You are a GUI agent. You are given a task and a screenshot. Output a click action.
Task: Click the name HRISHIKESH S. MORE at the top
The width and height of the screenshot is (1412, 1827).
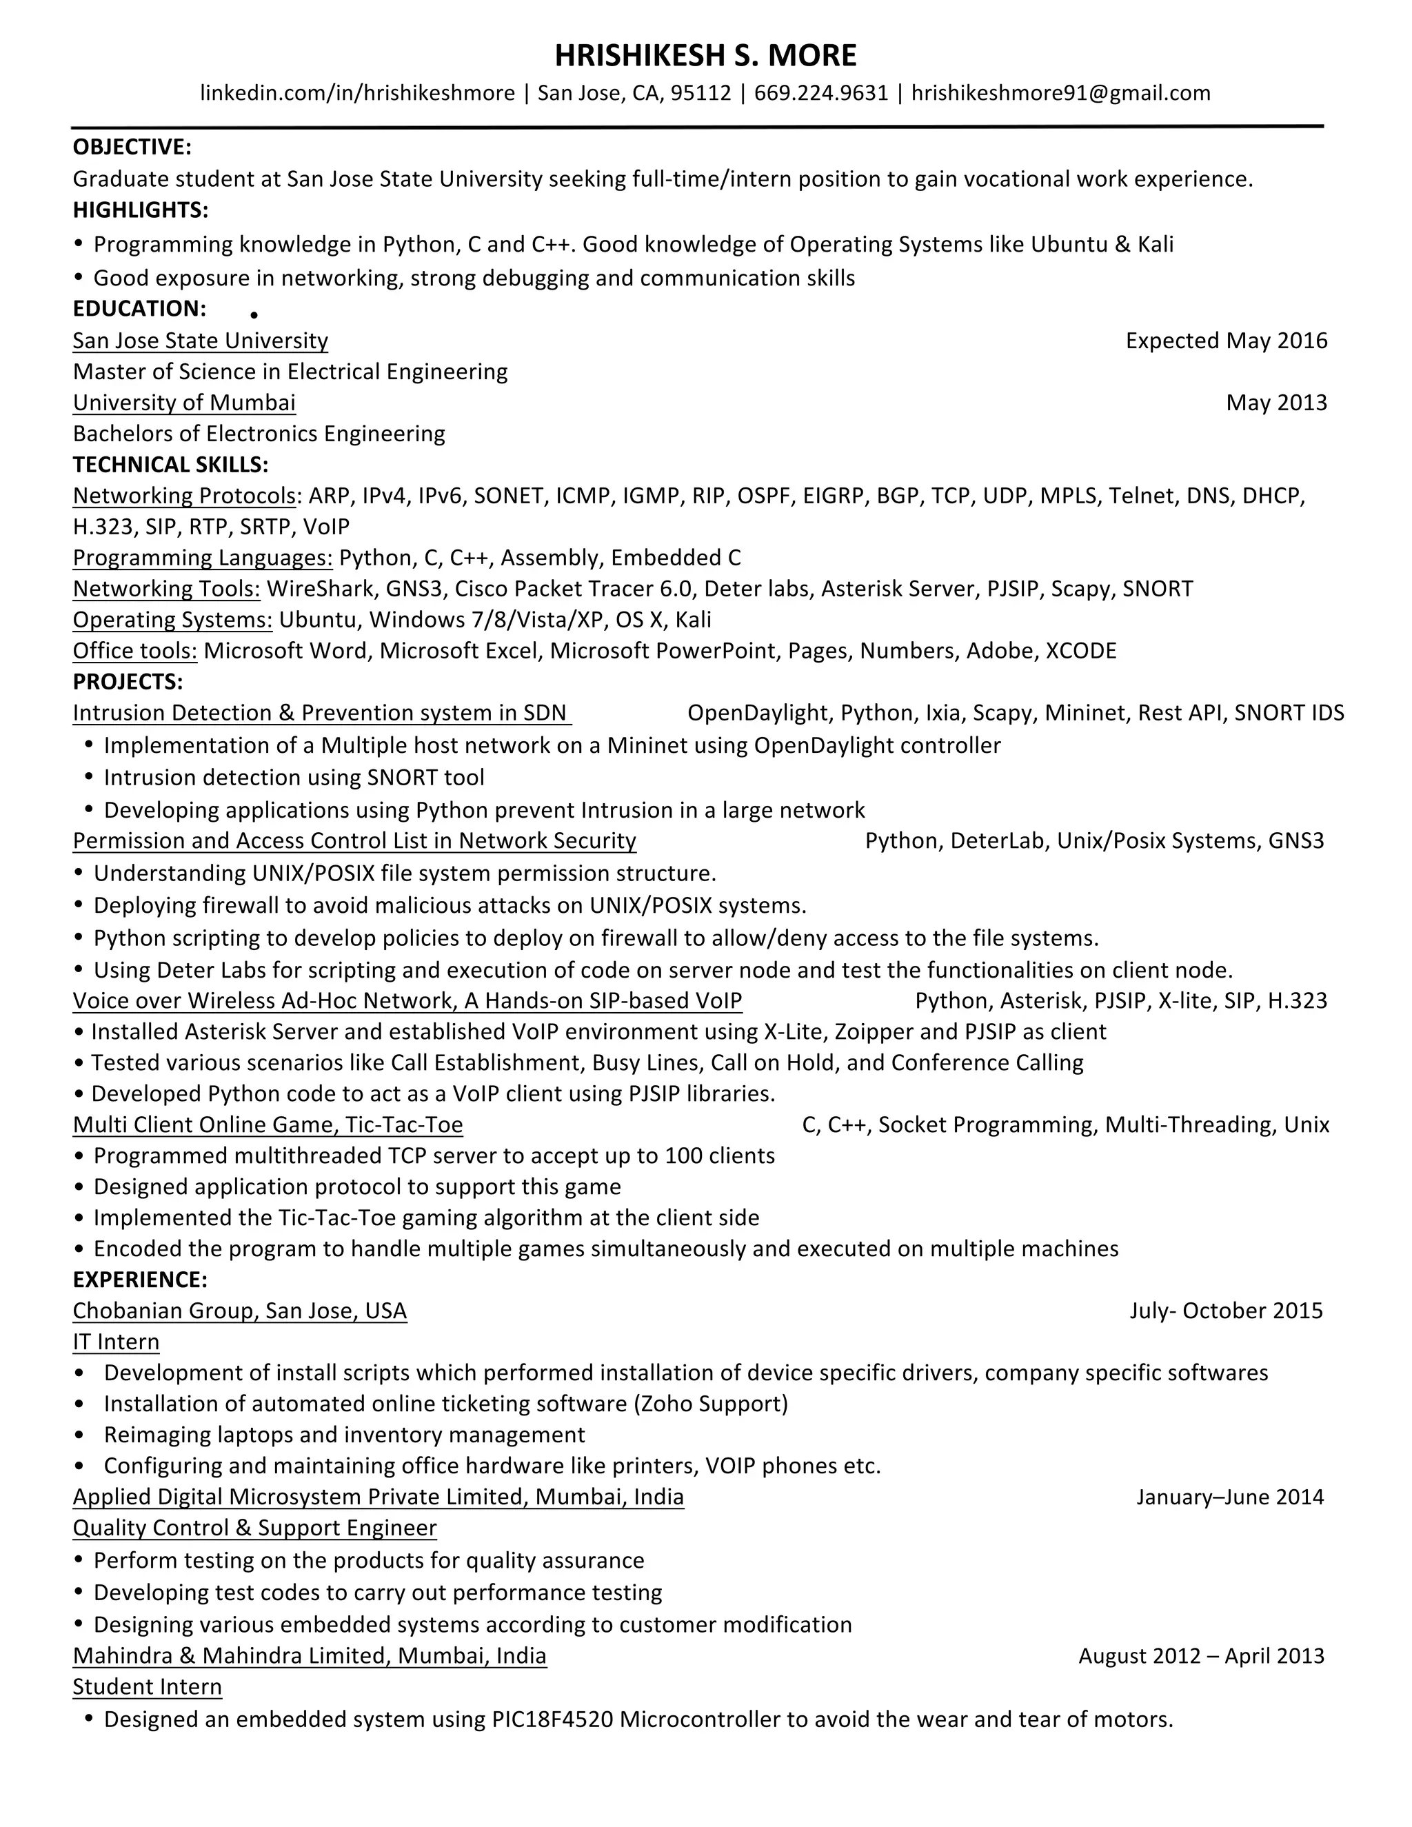click(705, 56)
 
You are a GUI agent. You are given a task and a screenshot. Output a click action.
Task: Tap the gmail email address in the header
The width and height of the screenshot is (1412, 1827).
click(1060, 93)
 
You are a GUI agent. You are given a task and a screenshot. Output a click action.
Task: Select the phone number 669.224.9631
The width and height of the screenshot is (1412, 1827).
click(820, 93)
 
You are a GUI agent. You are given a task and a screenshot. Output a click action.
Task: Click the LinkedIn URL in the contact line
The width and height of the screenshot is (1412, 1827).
click(357, 93)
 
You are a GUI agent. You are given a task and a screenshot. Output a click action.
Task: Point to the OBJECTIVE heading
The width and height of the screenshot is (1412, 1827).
click(132, 148)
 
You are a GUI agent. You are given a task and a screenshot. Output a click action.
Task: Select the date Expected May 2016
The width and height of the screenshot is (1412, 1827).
click(1227, 341)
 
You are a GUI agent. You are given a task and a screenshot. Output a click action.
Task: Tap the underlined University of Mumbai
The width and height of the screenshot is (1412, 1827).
click(184, 403)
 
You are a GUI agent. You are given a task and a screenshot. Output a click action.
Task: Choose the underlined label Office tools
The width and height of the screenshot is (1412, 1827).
click(134, 651)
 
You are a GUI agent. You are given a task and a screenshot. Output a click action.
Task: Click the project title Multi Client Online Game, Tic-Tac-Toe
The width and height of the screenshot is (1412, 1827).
click(268, 1124)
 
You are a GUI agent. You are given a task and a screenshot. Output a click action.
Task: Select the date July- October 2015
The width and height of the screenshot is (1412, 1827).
click(1227, 1311)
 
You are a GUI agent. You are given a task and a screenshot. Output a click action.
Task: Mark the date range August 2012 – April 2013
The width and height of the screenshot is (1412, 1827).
click(1201, 1655)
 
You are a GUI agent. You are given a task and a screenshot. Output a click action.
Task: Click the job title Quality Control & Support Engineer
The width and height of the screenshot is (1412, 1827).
click(254, 1528)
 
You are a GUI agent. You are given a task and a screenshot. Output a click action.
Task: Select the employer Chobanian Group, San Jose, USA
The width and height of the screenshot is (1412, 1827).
click(239, 1311)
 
